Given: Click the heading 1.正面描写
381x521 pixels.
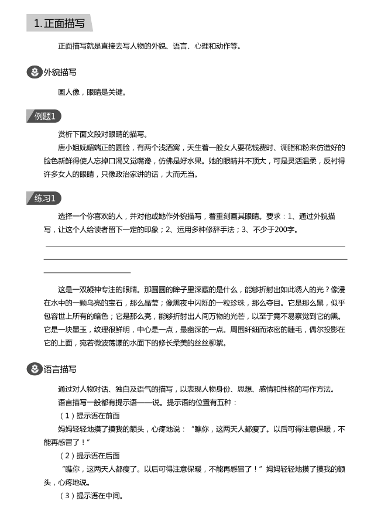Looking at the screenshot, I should [59, 23].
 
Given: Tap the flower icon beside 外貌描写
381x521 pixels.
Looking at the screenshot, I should [35, 73].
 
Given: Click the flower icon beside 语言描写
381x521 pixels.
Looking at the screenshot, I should [35, 369].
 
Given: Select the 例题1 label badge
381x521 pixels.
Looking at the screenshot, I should [44, 116].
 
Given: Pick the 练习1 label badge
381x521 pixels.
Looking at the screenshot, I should [44, 198].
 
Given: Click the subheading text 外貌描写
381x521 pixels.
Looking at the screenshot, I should [60, 73].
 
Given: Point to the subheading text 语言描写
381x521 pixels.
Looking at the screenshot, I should [60, 369].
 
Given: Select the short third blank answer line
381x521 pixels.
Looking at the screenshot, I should [87, 272].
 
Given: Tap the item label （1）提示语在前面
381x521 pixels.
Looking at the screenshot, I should [90, 416].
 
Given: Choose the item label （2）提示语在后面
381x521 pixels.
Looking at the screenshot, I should [90, 455].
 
